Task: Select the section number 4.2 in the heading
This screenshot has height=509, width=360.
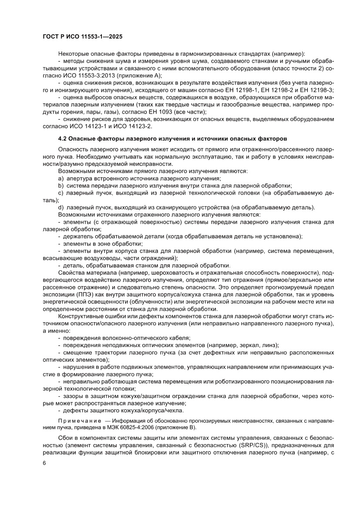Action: [64, 139]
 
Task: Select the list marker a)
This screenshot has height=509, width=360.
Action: [61, 179]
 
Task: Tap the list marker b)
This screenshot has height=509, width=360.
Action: [61, 186]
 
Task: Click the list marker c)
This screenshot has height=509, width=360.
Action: [61, 193]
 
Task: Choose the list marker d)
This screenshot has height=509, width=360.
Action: [61, 207]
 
